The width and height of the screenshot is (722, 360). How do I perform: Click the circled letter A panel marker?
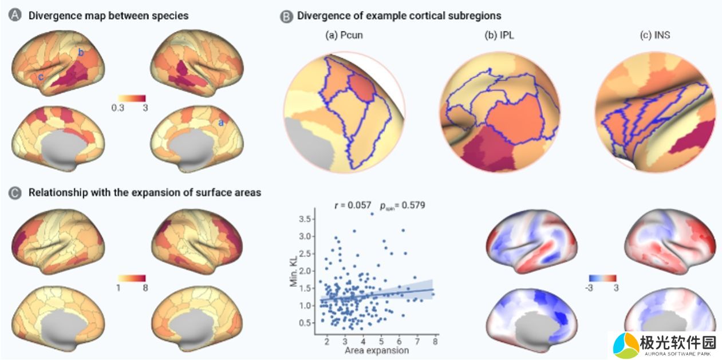(x=15, y=15)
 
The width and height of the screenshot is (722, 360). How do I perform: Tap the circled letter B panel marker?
(x=286, y=16)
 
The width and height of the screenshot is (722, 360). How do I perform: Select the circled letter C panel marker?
(x=15, y=193)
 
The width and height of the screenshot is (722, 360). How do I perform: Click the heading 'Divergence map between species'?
(x=108, y=15)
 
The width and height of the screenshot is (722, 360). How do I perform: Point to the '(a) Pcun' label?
(x=344, y=35)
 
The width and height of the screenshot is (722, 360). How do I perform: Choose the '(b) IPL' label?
(x=499, y=35)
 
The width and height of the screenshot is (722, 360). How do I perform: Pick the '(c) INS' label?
(x=655, y=35)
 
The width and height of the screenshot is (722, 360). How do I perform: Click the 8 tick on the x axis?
(x=435, y=341)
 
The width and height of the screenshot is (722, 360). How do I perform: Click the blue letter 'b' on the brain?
(x=81, y=53)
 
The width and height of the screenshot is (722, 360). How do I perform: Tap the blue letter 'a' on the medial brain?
(x=220, y=122)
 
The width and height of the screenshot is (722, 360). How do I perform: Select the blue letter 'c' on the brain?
(x=40, y=76)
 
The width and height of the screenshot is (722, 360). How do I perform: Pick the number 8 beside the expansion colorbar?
(x=146, y=287)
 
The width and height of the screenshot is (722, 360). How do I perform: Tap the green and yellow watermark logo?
(x=626, y=345)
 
